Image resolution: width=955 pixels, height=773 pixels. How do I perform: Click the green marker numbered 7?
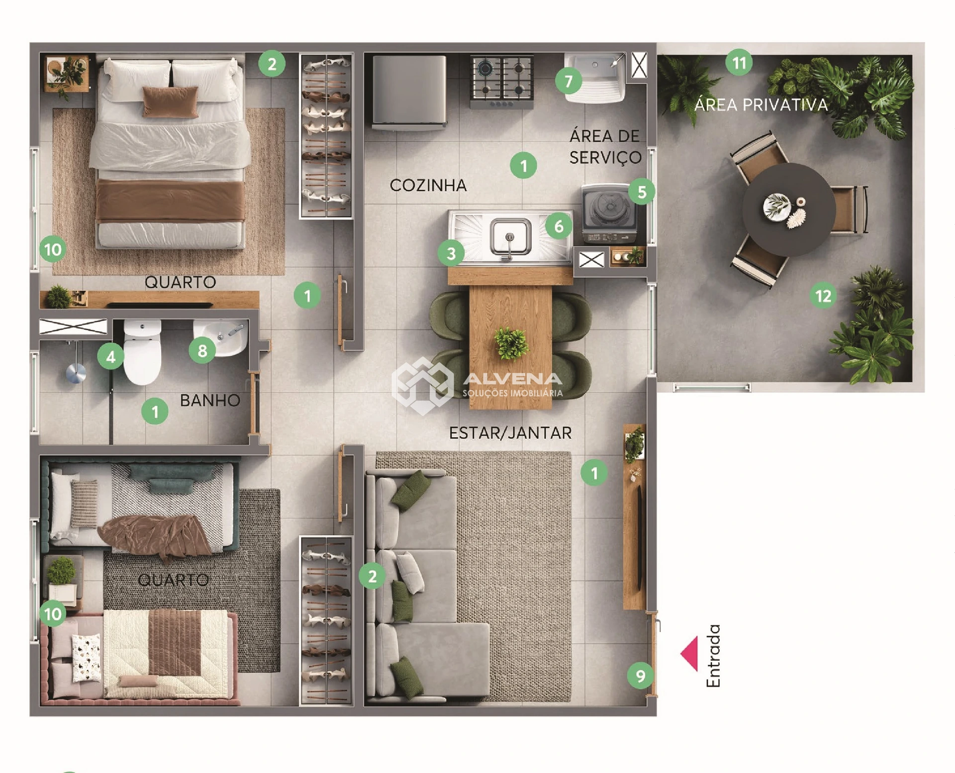pos(569,81)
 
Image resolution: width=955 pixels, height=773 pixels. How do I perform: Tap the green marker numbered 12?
pos(823,296)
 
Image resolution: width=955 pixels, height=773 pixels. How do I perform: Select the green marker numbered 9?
pos(640,676)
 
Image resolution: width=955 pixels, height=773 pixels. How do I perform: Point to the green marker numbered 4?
pos(110,357)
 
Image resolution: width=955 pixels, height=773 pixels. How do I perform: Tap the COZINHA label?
pos(428,185)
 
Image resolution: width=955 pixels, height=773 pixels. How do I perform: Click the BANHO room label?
pos(210,400)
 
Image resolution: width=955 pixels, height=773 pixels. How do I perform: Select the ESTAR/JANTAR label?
pos(510,433)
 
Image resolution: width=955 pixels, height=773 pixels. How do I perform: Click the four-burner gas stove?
pos(502,82)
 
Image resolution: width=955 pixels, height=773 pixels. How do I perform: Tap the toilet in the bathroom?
pos(142,352)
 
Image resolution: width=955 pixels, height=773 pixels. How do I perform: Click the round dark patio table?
pos(789,209)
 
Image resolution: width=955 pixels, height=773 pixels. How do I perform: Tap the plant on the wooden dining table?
pos(511,343)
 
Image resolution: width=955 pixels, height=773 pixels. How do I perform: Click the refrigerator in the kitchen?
pos(409,92)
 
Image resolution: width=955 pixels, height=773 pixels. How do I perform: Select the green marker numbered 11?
pos(739,63)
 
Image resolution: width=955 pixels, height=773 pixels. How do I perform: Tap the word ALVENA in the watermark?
pos(512,379)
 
